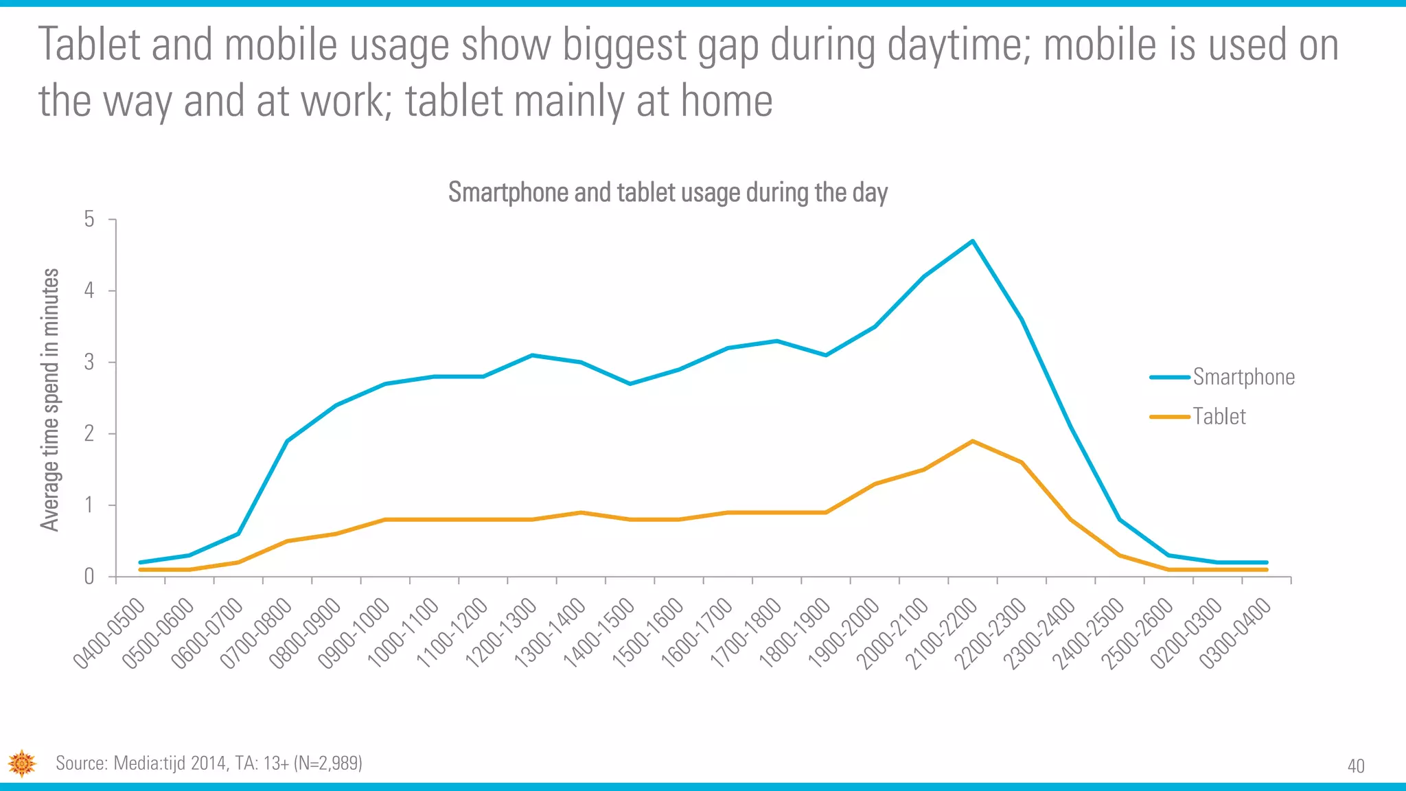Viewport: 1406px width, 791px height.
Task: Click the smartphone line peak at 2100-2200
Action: tap(973, 241)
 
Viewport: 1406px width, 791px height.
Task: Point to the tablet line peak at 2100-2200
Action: tap(973, 441)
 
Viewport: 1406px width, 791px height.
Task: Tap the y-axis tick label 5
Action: tap(89, 220)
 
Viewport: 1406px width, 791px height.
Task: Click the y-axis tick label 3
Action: tap(89, 362)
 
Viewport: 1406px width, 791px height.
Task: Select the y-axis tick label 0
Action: tap(89, 576)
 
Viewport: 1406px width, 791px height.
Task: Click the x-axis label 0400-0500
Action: tap(110, 633)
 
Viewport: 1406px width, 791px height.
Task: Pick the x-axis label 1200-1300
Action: tap(501, 633)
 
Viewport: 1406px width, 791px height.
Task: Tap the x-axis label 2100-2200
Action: tap(941, 633)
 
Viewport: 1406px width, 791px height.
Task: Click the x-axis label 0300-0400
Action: tap(1235, 633)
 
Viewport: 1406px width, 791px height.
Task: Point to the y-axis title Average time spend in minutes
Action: tap(49, 400)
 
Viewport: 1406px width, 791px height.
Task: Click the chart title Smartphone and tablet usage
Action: tap(667, 192)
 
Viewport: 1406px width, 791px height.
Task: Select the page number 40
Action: tap(1356, 766)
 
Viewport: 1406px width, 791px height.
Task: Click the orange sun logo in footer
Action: tap(22, 763)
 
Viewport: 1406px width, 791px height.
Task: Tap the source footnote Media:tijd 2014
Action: tap(209, 763)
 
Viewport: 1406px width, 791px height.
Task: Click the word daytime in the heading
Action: tap(958, 45)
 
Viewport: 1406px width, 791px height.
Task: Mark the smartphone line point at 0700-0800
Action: tap(287, 441)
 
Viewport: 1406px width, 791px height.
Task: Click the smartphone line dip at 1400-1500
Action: tap(630, 383)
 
